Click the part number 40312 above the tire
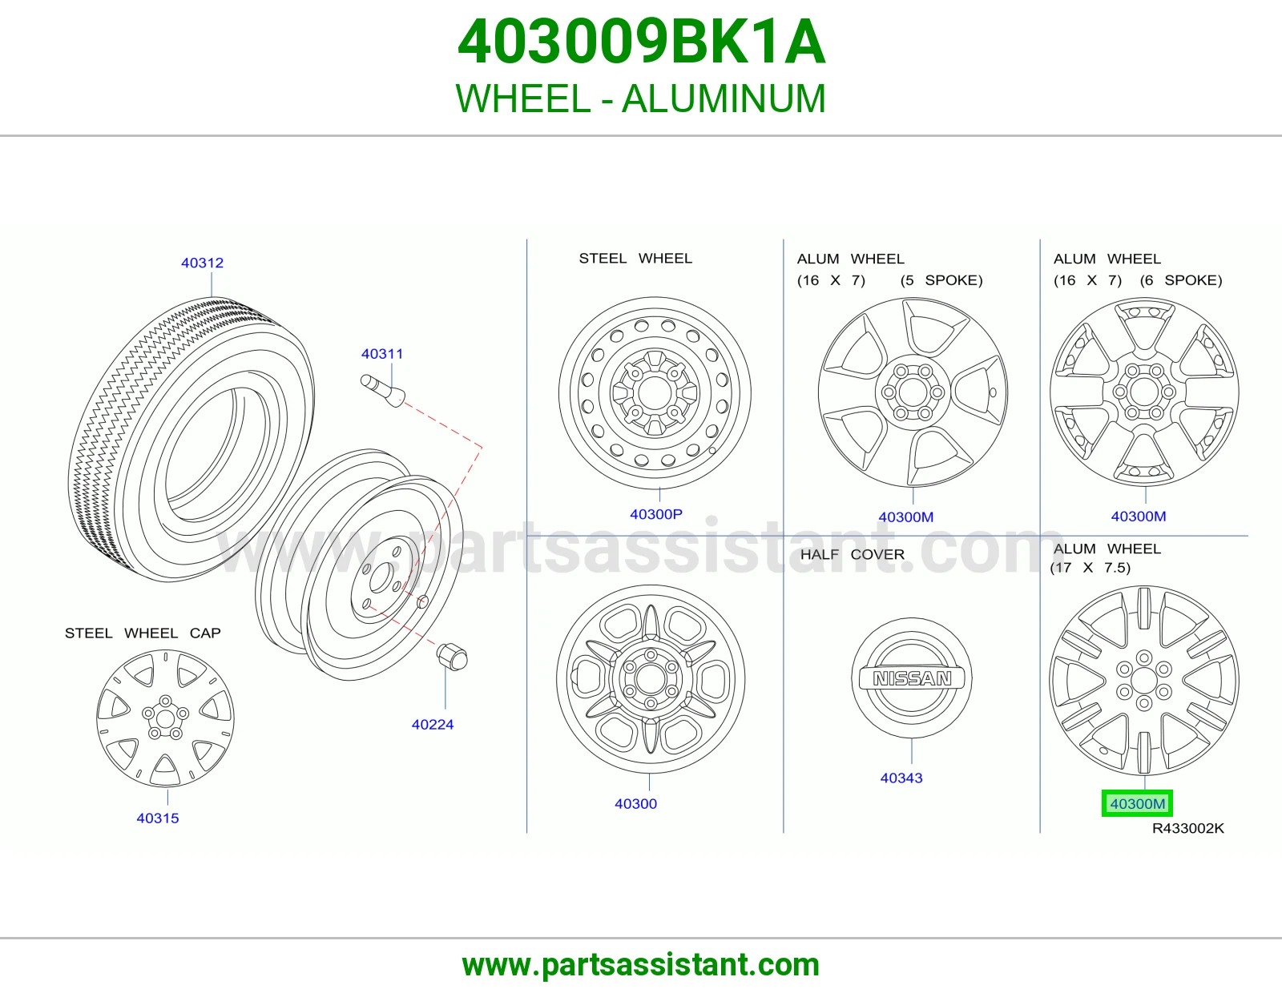click(203, 263)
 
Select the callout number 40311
click(382, 354)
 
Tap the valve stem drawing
click(383, 390)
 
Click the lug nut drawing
click(452, 657)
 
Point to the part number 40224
click(433, 725)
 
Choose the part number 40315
click(158, 818)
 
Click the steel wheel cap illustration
click(165, 718)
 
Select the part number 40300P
click(656, 515)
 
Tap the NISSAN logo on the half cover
click(912, 679)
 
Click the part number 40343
click(901, 778)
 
